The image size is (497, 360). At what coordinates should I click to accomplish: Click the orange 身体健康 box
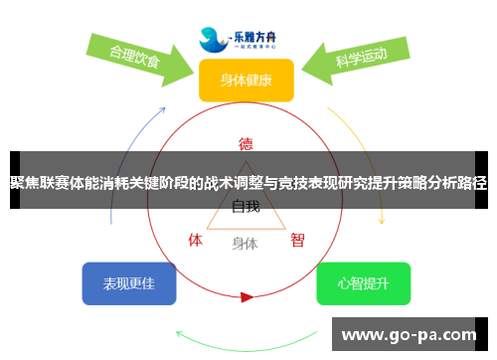pyautogui.click(x=246, y=80)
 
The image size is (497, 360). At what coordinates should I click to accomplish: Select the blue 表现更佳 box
pyautogui.click(x=129, y=283)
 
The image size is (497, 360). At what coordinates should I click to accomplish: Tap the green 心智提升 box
pyautogui.click(x=363, y=283)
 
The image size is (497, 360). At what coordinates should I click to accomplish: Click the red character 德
pyautogui.click(x=246, y=143)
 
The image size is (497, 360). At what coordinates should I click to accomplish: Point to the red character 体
pyautogui.click(x=196, y=240)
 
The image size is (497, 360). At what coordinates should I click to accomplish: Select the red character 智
pyautogui.click(x=297, y=240)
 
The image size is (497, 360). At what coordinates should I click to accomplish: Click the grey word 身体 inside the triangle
pyautogui.click(x=246, y=243)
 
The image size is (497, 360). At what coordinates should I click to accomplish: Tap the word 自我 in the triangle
pyautogui.click(x=246, y=207)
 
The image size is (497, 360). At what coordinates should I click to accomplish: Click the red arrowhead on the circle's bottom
pyautogui.click(x=247, y=296)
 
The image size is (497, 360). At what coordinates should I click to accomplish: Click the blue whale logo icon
pyautogui.click(x=215, y=40)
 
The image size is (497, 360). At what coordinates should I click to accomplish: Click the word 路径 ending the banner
pyautogui.click(x=474, y=183)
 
